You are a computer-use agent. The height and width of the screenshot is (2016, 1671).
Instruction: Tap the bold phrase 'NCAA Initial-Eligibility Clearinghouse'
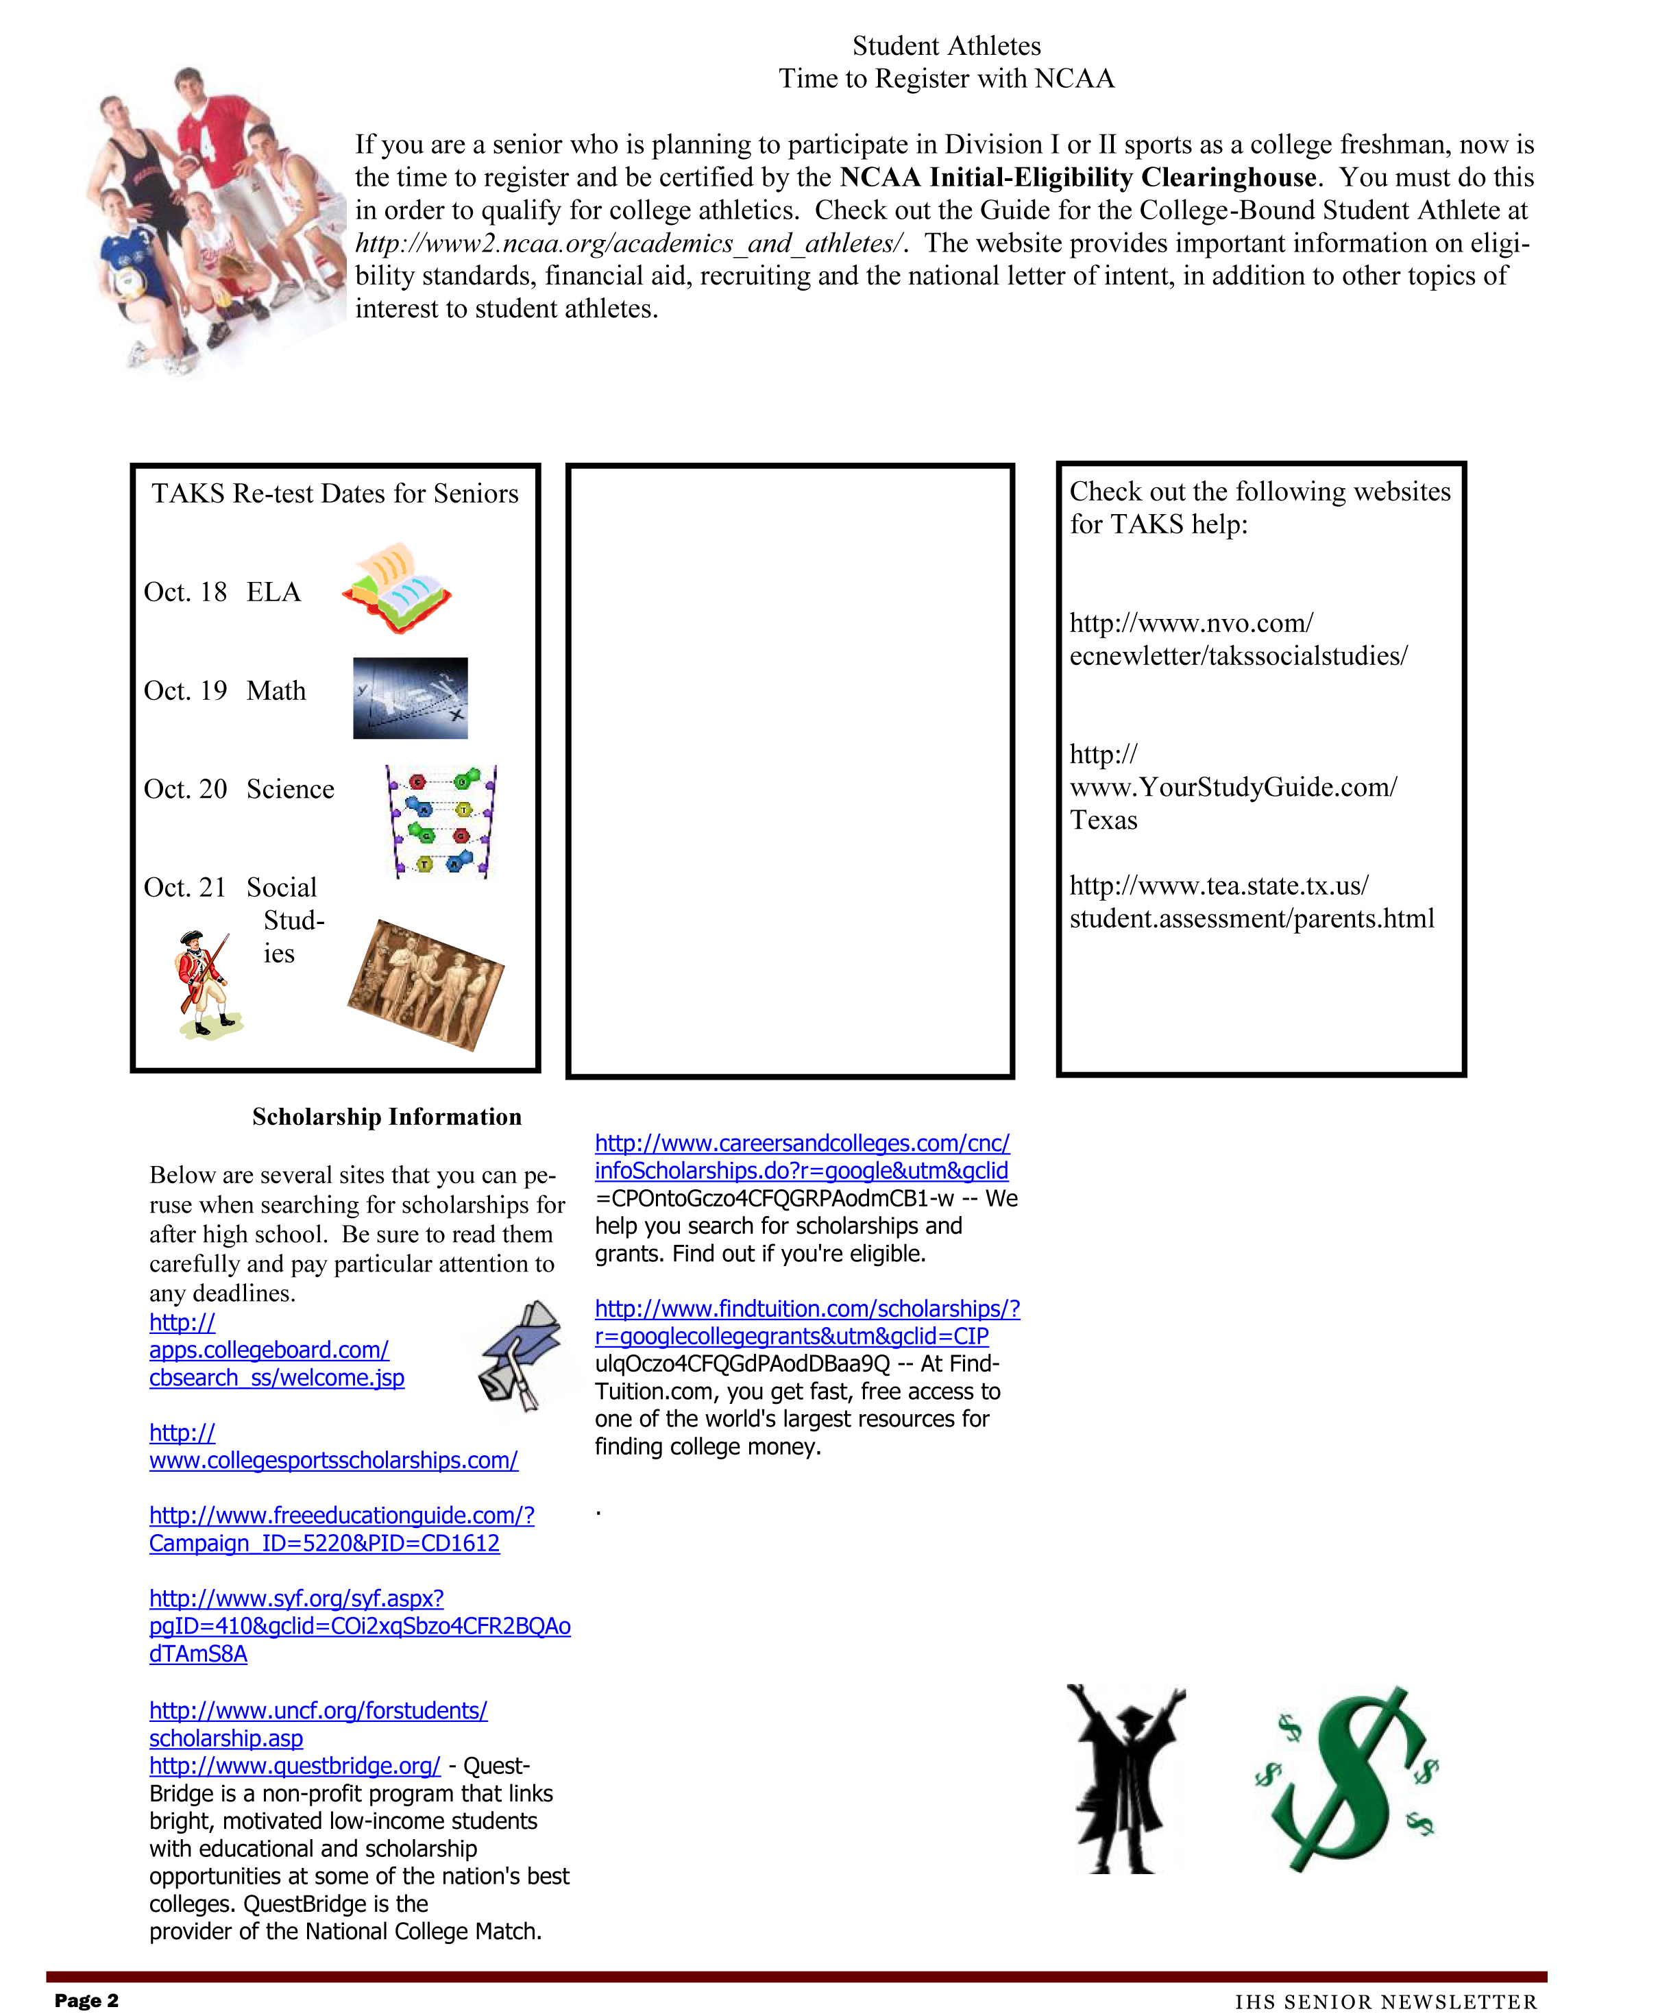pyautogui.click(x=1077, y=178)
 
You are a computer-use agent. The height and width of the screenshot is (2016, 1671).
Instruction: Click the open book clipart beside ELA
pyautogui.click(x=396, y=587)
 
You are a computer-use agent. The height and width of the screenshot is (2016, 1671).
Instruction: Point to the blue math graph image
pyautogui.click(x=410, y=698)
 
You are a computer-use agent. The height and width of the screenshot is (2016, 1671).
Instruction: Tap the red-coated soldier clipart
pyautogui.click(x=206, y=984)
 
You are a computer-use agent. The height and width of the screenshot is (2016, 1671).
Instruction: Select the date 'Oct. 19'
pyautogui.click(x=185, y=691)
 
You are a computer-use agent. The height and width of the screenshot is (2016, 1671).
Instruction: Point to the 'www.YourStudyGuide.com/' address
pyautogui.click(x=1232, y=787)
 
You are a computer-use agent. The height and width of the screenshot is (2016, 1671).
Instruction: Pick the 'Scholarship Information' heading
pyautogui.click(x=387, y=1117)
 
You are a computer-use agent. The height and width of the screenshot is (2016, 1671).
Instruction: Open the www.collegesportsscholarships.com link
pyautogui.click(x=333, y=1460)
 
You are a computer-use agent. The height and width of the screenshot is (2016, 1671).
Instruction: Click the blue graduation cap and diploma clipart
pyautogui.click(x=520, y=1355)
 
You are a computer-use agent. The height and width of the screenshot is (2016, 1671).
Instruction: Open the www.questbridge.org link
pyautogui.click(x=295, y=1765)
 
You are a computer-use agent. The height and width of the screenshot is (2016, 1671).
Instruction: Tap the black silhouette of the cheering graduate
pyautogui.click(x=1127, y=1778)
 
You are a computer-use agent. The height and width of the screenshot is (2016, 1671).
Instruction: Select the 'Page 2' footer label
pyautogui.click(x=86, y=2000)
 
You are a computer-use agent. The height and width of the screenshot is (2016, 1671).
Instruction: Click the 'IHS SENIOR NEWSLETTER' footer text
pyautogui.click(x=1385, y=2002)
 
